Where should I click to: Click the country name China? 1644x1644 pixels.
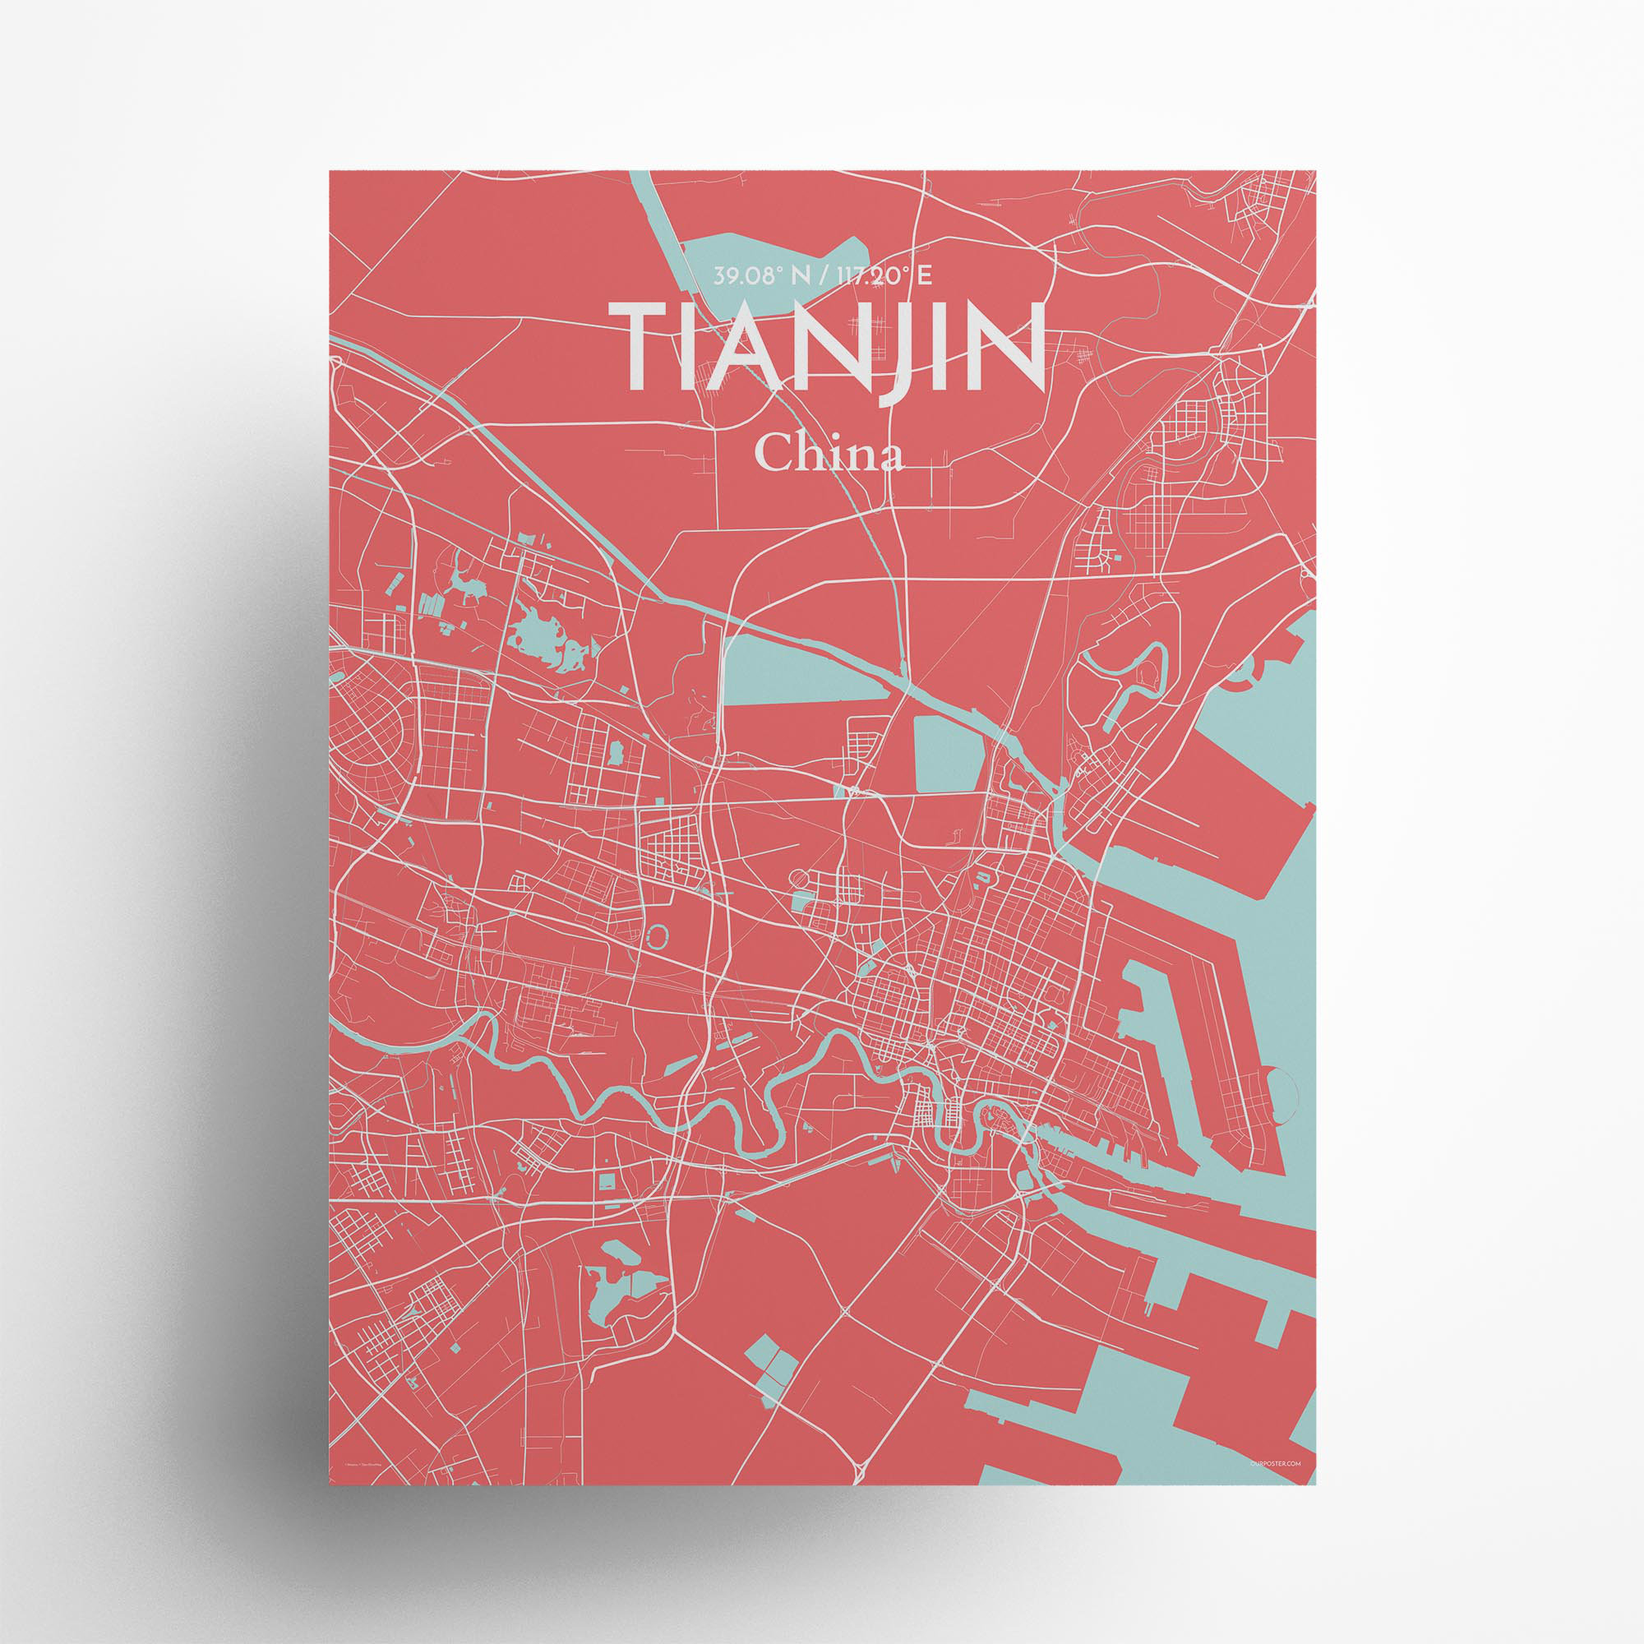pyautogui.click(x=829, y=455)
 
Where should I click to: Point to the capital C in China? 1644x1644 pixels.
pyautogui.click(x=773, y=455)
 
